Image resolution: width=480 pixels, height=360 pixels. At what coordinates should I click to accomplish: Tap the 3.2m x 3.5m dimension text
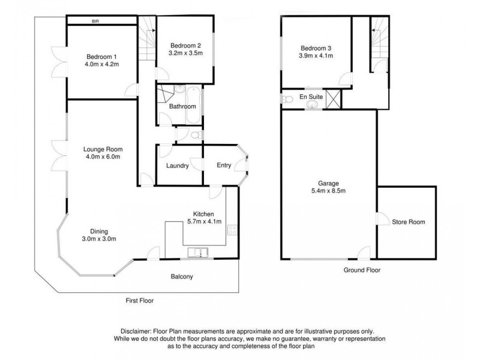coord(186,53)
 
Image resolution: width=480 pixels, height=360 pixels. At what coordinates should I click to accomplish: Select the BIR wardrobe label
coord(95,21)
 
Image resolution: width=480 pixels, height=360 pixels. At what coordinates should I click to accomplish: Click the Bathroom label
coord(182,107)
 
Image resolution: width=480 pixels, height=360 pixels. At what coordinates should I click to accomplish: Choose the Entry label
coord(223,166)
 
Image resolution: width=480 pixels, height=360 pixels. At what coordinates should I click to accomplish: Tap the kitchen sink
coord(198,253)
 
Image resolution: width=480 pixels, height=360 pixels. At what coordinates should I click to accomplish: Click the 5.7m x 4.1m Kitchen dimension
coord(207,222)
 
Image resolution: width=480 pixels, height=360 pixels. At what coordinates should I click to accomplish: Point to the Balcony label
coord(181,277)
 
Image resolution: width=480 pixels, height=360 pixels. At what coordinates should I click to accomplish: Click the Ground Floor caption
coord(362,270)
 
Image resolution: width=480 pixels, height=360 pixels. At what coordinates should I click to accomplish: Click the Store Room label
coord(408,222)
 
